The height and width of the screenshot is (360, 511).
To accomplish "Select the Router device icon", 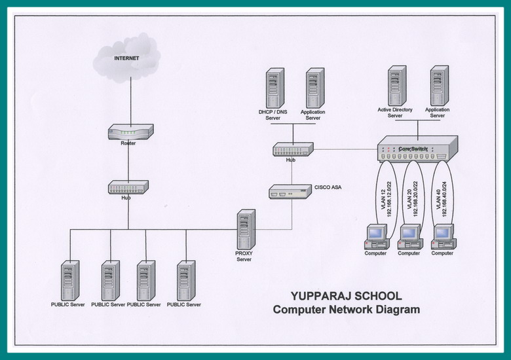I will pyautogui.click(x=130, y=132).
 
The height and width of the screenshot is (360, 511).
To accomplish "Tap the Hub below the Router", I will pyautogui.click(x=128, y=187).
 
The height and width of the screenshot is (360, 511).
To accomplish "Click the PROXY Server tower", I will pyautogui.click(x=246, y=229).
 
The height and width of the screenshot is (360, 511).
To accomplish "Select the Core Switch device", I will pyautogui.click(x=417, y=149).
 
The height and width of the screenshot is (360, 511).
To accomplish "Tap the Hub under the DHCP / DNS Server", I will pyautogui.click(x=293, y=149).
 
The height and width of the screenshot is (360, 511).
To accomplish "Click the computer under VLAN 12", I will pyautogui.click(x=376, y=236).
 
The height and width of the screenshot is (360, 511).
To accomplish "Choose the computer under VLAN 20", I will pyautogui.click(x=409, y=236).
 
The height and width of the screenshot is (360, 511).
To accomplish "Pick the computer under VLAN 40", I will pyautogui.click(x=443, y=236).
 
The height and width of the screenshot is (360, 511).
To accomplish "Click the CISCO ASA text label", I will pyautogui.click(x=328, y=187).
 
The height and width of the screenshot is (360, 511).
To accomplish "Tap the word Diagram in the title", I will pyautogui.click(x=392, y=310).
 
